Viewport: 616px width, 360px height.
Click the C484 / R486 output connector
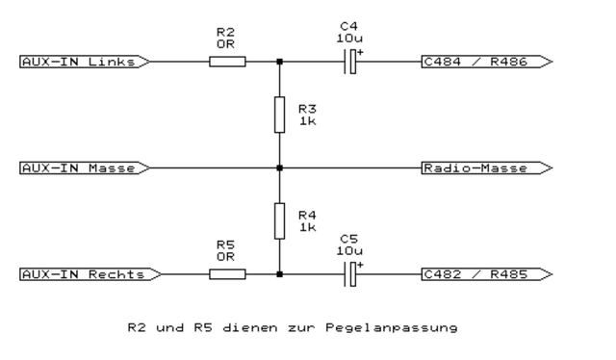[x=487, y=63]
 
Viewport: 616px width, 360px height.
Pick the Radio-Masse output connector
[x=487, y=167]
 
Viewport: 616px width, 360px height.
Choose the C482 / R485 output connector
[x=487, y=274]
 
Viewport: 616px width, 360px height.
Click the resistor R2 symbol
[x=227, y=63]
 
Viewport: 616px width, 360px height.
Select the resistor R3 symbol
[x=279, y=115]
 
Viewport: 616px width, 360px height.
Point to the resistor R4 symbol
[x=279, y=220]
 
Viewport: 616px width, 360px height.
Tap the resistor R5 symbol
[x=227, y=274]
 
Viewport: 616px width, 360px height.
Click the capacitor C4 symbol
[x=353, y=63]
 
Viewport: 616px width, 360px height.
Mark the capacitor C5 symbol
[x=353, y=274]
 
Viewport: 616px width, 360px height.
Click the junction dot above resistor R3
[x=279, y=63]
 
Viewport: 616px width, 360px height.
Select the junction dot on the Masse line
[x=279, y=167]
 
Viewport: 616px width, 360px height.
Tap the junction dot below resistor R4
[x=279, y=274]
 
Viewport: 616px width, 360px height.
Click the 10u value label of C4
[x=348, y=39]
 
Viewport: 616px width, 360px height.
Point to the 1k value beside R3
[x=306, y=121]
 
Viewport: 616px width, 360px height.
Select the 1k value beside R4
[x=306, y=227]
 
